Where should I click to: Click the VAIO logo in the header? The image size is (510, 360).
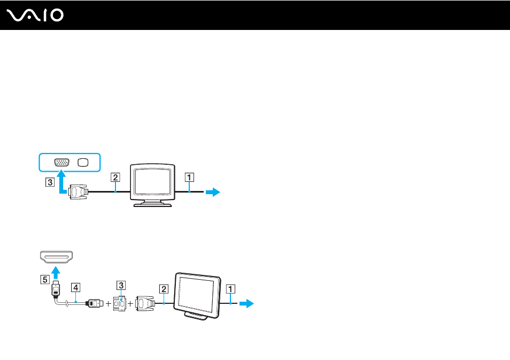(x=35, y=16)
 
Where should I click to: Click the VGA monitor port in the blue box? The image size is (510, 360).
(x=62, y=162)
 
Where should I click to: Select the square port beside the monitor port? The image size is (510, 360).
(x=83, y=163)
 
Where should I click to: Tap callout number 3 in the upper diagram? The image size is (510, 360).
(x=50, y=182)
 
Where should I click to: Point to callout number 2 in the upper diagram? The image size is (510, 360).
(x=115, y=178)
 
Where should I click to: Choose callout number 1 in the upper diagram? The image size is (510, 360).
(x=189, y=178)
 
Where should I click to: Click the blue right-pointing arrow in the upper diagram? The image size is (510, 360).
(x=213, y=192)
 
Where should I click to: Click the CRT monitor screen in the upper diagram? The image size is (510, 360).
(x=153, y=181)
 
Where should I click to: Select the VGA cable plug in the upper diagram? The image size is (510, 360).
(x=78, y=192)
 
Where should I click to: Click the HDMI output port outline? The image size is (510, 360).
(x=56, y=257)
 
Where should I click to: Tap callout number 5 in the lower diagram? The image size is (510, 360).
(x=45, y=280)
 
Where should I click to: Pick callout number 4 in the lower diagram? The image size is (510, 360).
(x=75, y=287)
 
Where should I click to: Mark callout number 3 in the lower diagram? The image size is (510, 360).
(x=121, y=286)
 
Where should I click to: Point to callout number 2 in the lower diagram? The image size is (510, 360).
(x=164, y=289)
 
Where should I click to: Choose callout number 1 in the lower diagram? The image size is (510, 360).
(x=230, y=289)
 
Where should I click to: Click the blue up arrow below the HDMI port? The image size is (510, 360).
(x=56, y=272)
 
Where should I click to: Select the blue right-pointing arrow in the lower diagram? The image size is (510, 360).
(x=246, y=303)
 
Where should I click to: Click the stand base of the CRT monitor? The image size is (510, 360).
(x=152, y=204)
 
